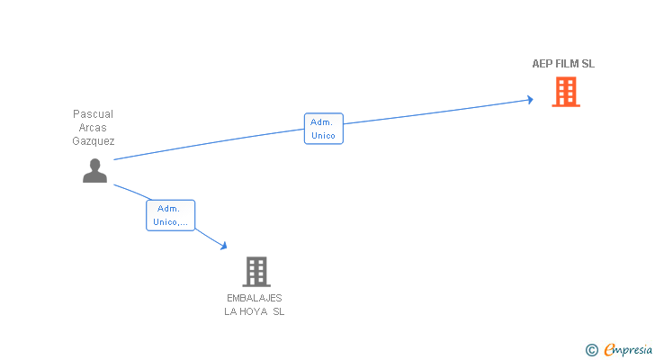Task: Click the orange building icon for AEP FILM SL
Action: coord(565,92)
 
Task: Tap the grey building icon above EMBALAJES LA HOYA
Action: coord(256,272)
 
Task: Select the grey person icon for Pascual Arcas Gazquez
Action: coord(94,170)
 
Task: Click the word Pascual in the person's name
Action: coord(94,114)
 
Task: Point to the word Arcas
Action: coord(94,128)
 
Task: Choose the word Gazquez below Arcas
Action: coord(94,141)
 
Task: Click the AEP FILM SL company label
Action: coord(563,64)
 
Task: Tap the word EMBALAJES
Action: coord(255,298)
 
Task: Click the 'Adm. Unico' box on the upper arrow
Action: coord(323,129)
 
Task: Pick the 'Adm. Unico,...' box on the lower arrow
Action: coord(170,215)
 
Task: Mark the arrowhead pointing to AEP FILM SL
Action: coord(530,100)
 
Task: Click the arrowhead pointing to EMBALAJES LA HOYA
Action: coord(222,245)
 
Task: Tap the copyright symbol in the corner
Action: coord(591,350)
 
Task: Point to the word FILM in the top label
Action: coord(568,64)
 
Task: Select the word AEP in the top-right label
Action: coord(543,64)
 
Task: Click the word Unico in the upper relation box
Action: coord(323,136)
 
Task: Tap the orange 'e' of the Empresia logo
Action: coord(609,350)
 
